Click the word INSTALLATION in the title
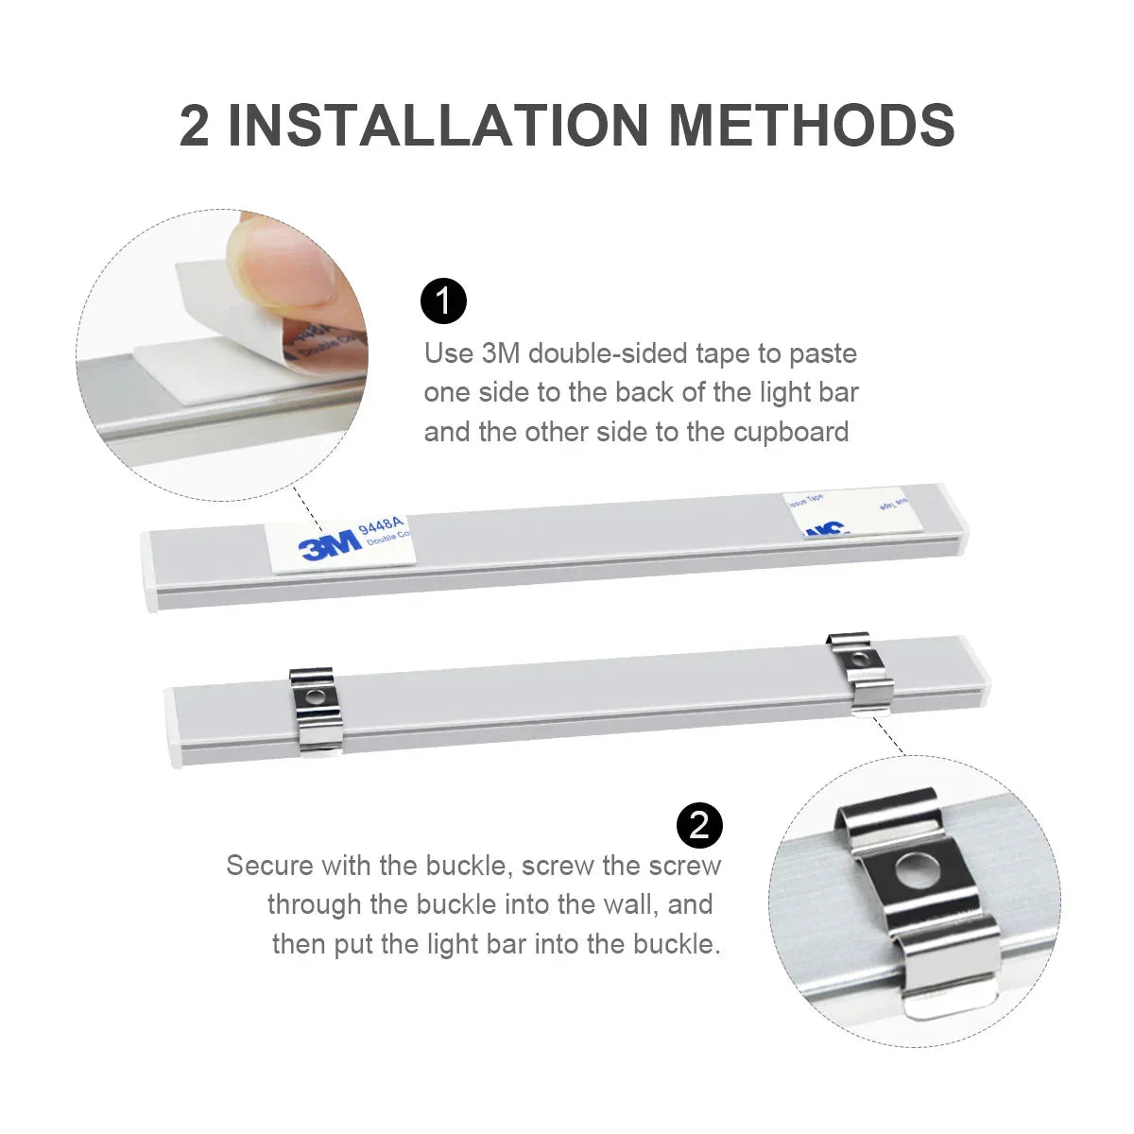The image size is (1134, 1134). pyautogui.click(x=438, y=125)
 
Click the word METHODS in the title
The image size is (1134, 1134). pyautogui.click(x=812, y=125)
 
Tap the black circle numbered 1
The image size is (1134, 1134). pyautogui.click(x=443, y=302)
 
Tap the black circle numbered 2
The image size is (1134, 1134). pyautogui.click(x=699, y=825)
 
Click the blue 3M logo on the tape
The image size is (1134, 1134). pyautogui.click(x=329, y=545)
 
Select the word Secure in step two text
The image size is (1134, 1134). pyautogui.click(x=269, y=865)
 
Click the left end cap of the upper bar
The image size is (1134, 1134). pyautogui.click(x=149, y=571)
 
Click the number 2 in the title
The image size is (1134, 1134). pyautogui.click(x=195, y=125)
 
